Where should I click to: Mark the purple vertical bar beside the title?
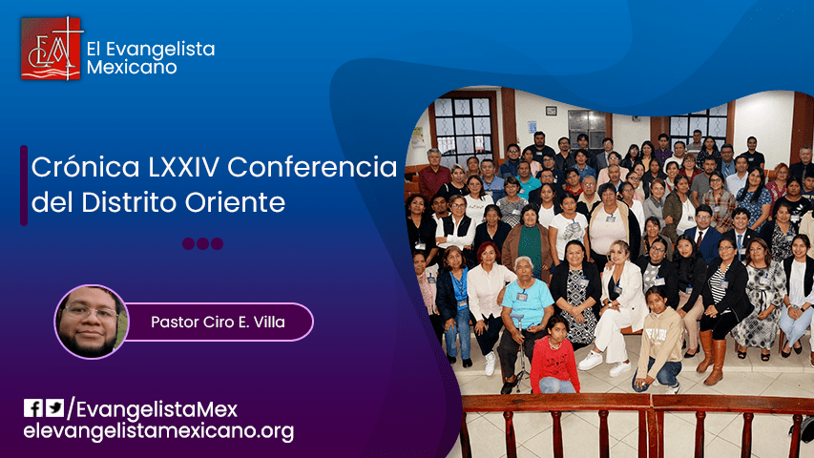pyautogui.click(x=24, y=185)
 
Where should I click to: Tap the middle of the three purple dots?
pyautogui.click(x=202, y=243)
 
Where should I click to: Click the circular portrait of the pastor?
pyautogui.click(x=92, y=322)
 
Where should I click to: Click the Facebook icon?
pyautogui.click(x=33, y=408)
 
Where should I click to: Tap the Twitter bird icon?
pyautogui.click(x=55, y=408)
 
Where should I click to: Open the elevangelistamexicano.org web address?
pyautogui.click(x=157, y=431)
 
